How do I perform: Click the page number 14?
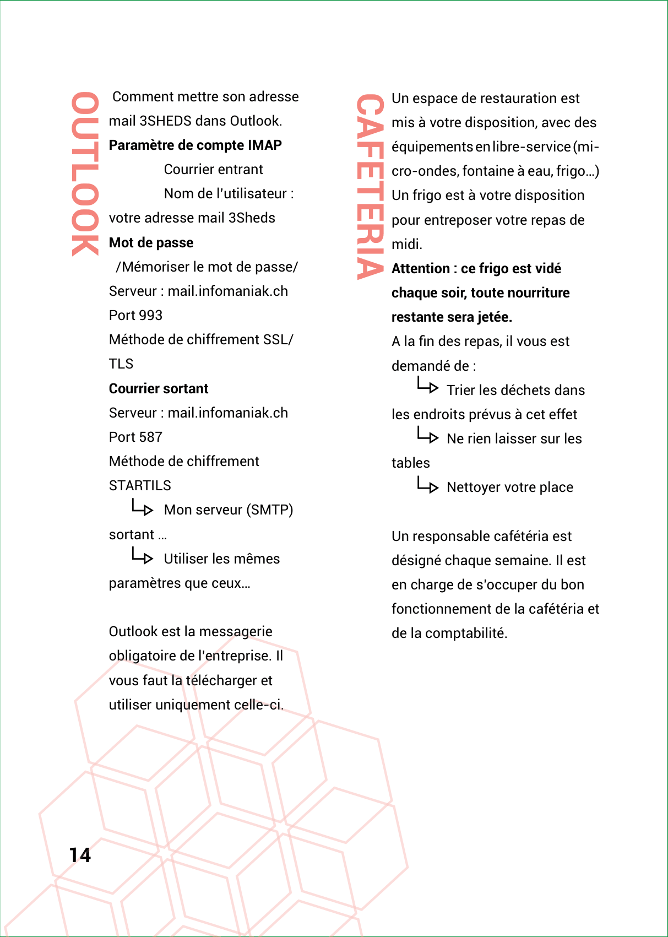pyautogui.click(x=80, y=854)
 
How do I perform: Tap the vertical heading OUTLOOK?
pyautogui.click(x=84, y=174)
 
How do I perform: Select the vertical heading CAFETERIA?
pyautogui.click(x=370, y=186)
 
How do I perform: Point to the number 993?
pyautogui.click(x=151, y=316)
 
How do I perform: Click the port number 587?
pyautogui.click(x=151, y=437)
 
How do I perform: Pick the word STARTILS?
pyautogui.click(x=140, y=486)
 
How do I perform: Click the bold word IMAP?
pyautogui.click(x=265, y=145)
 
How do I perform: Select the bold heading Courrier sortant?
pyautogui.click(x=159, y=389)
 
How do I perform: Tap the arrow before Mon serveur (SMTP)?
pyautogui.click(x=142, y=507)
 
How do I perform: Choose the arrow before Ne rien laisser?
pyautogui.click(x=427, y=436)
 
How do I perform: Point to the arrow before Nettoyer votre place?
pyautogui.click(x=427, y=485)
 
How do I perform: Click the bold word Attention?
pyautogui.click(x=421, y=269)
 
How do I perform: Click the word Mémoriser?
pyautogui.click(x=155, y=267)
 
